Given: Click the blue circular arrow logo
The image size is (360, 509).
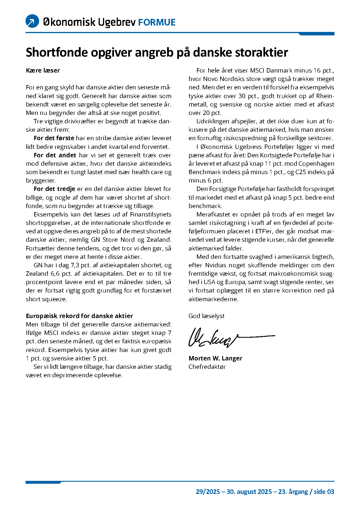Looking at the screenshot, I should (32, 21).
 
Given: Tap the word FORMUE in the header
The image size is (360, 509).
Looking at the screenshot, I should (157, 22).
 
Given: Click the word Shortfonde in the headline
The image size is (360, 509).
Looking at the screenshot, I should (57, 53).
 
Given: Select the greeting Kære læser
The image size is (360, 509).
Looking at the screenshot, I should (43, 71).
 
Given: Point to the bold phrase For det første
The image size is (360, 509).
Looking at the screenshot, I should (54, 138).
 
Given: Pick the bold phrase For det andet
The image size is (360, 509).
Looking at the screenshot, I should (55, 155).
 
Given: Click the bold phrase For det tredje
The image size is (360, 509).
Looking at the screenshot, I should (54, 189).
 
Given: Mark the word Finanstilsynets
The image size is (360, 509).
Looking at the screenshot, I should (151, 214).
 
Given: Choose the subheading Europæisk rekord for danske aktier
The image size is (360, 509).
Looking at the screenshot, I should (79, 316).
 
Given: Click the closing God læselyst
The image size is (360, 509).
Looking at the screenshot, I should (206, 316).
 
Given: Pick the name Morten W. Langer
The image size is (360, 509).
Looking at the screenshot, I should (215, 358).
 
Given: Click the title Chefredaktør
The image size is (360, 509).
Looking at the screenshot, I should (207, 367).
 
